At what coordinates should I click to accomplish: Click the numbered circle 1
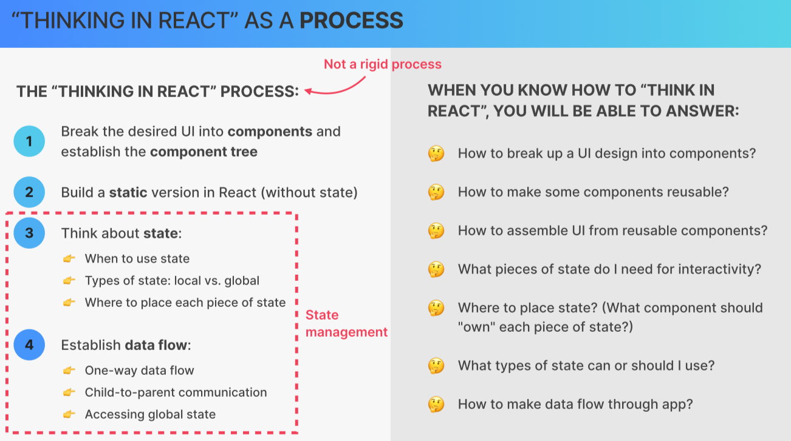29,141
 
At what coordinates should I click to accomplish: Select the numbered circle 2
29,192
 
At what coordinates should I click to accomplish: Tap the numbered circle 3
29,233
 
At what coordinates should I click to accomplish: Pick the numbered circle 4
29,345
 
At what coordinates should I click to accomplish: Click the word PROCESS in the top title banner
351,21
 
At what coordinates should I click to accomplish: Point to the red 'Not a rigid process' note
382,64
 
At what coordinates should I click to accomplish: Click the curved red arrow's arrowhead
308,92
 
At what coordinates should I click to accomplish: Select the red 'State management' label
346,323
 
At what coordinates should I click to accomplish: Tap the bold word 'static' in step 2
128,192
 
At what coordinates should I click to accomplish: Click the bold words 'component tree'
204,152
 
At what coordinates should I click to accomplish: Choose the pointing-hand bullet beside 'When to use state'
69,259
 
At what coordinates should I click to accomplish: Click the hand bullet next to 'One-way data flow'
69,371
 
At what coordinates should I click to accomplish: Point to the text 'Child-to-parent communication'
176,392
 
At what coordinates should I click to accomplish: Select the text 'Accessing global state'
150,414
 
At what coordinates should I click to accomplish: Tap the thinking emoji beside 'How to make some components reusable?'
436,192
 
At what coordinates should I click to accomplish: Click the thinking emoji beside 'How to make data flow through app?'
436,405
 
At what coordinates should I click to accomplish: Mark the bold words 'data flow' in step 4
156,345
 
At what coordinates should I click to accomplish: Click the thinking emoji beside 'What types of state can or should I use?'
436,366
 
